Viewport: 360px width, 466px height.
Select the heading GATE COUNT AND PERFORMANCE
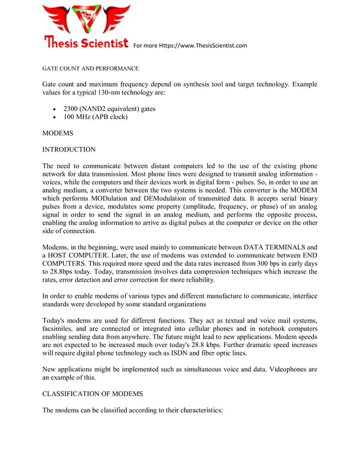[x=91, y=68]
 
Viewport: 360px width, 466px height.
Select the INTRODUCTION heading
[x=69, y=150]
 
